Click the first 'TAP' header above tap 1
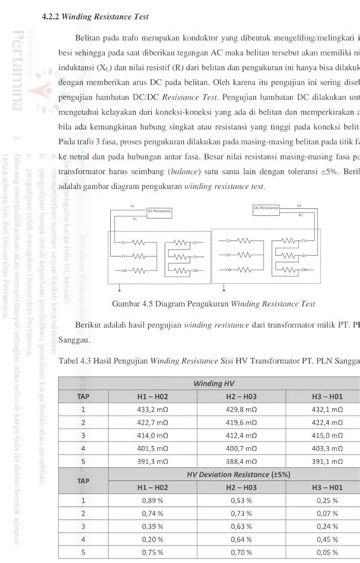(83, 397)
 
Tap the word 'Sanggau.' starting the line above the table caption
(74, 340)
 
